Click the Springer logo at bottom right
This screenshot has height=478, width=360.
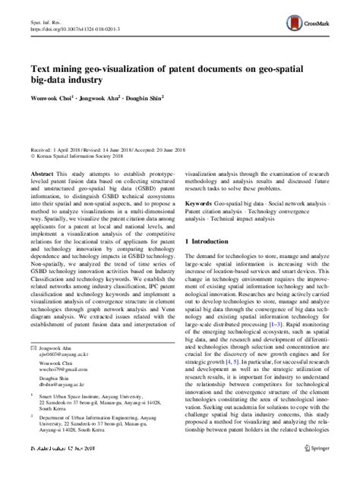pyautogui.click(x=316, y=470)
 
